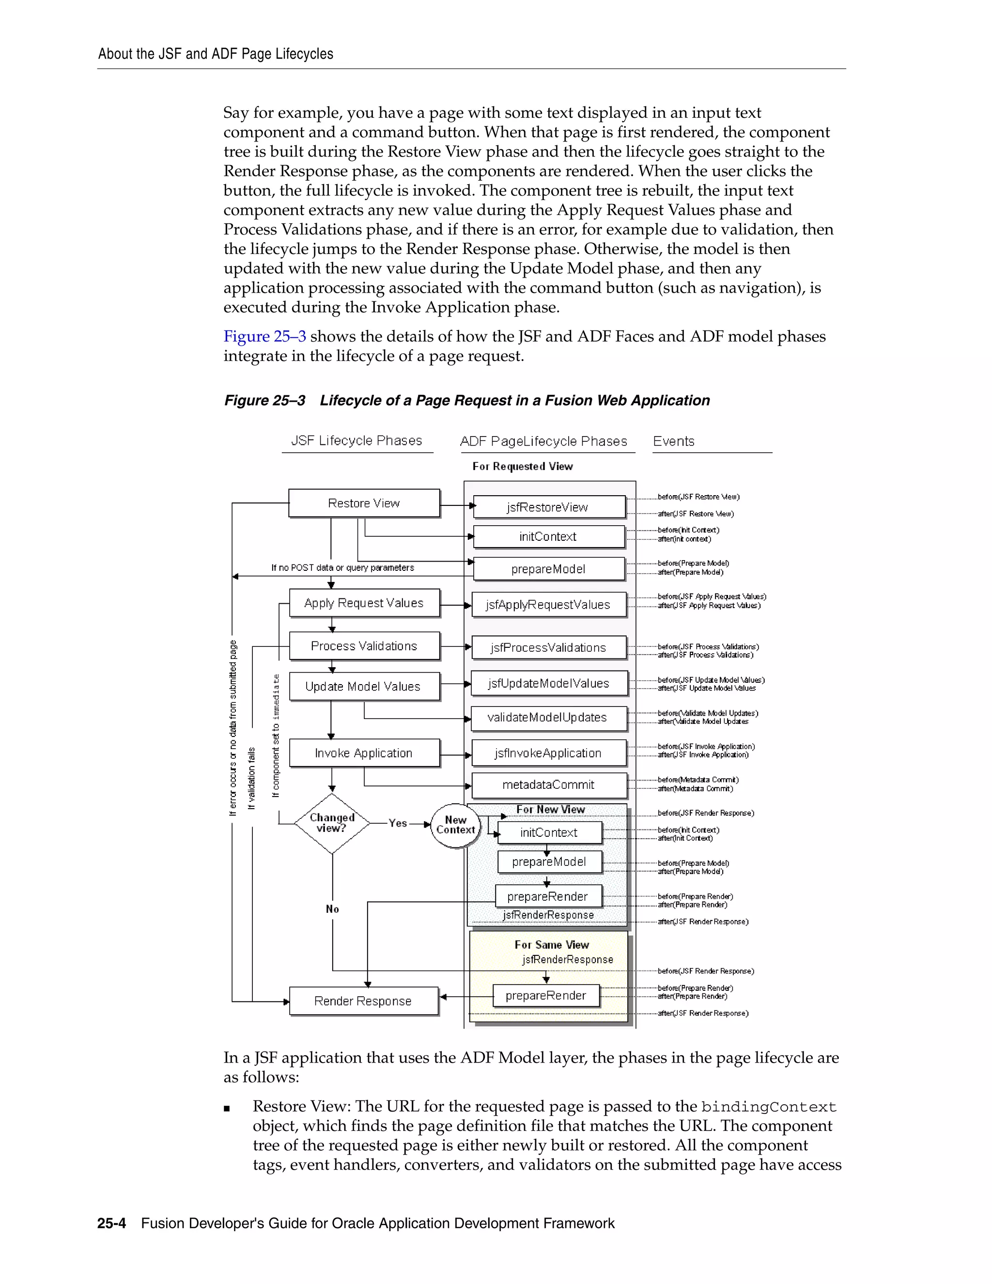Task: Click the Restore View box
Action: coord(364,503)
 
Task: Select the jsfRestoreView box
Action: coord(548,507)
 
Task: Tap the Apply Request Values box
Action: coord(364,603)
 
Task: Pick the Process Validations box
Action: coord(364,646)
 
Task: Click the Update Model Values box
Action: coord(364,687)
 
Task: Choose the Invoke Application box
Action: coord(364,753)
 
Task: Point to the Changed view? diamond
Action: coord(332,823)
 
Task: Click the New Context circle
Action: coord(455,825)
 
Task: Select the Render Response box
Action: coord(363,1001)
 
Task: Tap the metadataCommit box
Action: coord(548,785)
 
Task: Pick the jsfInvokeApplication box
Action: coord(548,753)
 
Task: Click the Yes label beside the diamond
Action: coord(398,824)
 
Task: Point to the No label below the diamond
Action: coord(333,909)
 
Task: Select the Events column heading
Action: coord(673,441)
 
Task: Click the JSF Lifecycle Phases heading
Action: coord(356,441)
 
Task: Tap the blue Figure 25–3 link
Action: coord(264,336)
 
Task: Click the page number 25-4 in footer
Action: coord(112,1223)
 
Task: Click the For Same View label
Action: coord(551,945)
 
